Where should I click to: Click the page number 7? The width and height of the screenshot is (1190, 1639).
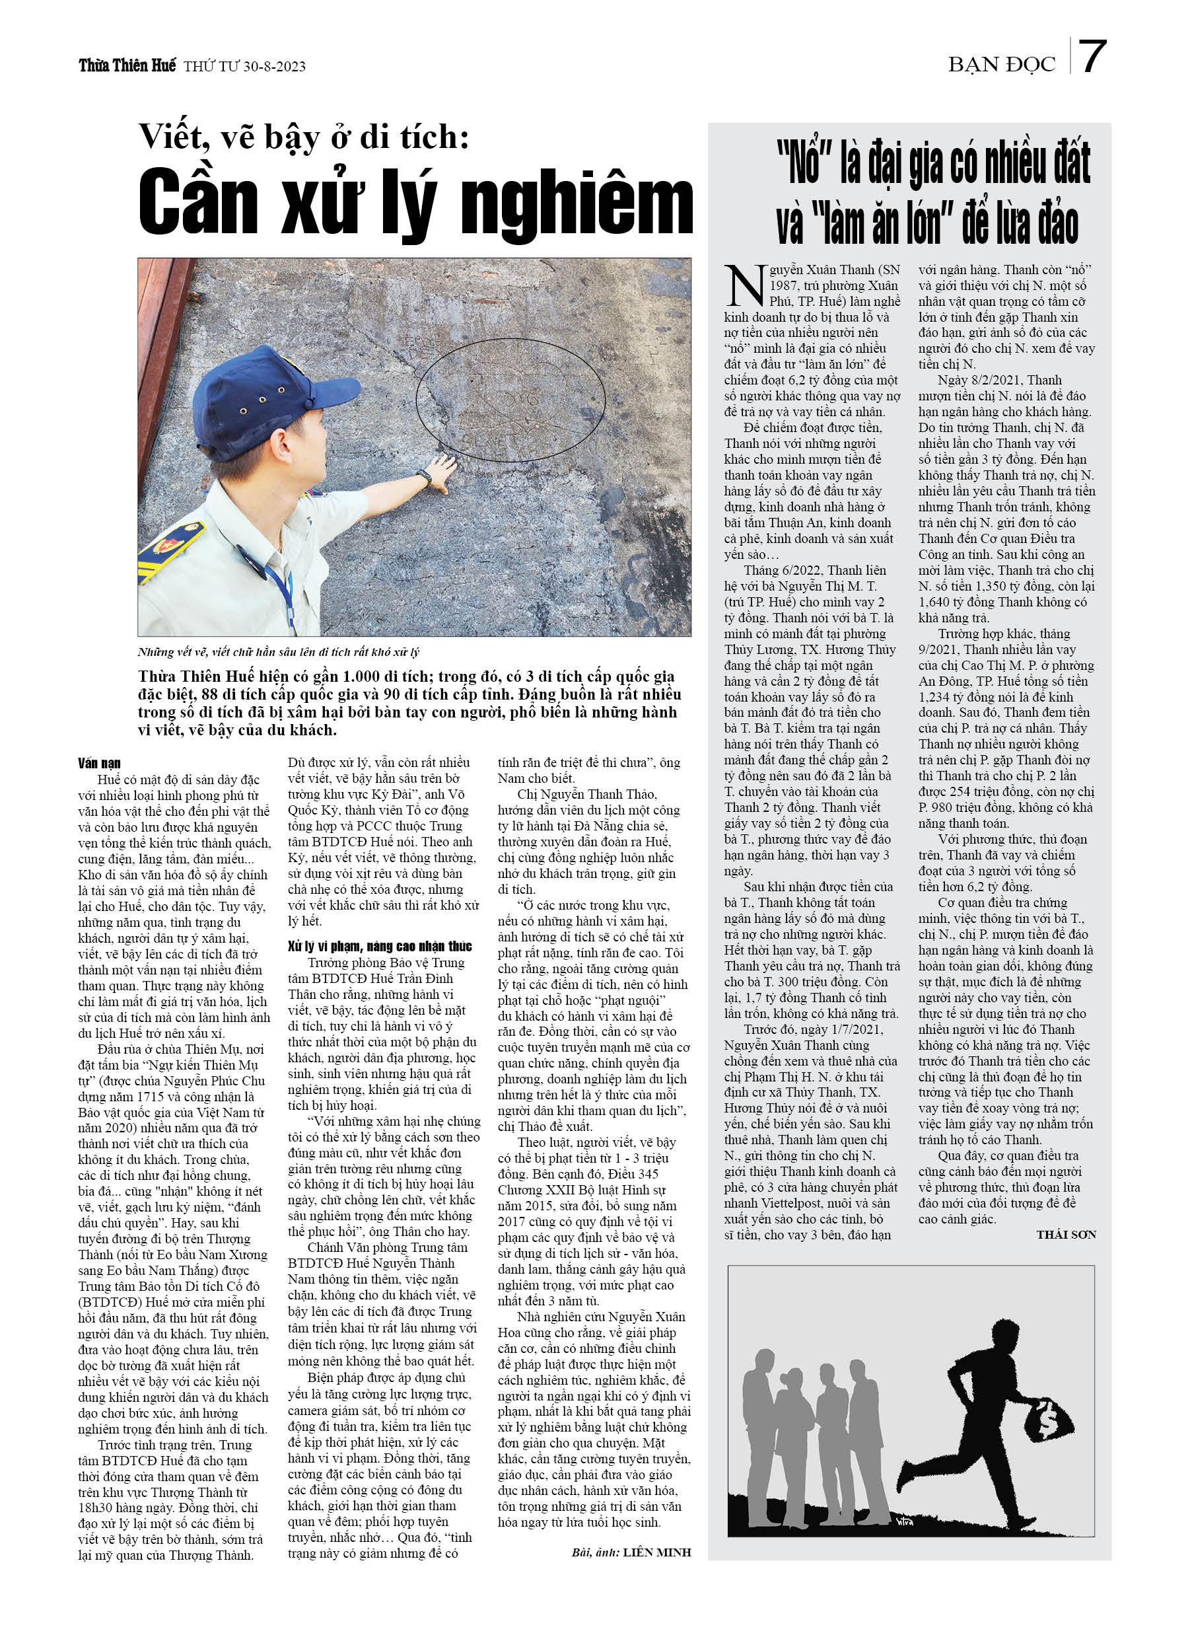pyautogui.click(x=1092, y=57)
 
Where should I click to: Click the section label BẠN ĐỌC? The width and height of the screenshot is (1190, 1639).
pyautogui.click(x=1001, y=65)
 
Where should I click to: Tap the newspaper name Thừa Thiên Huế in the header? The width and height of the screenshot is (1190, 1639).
pyautogui.click(x=127, y=66)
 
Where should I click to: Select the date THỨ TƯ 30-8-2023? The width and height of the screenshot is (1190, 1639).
pyautogui.click(x=244, y=67)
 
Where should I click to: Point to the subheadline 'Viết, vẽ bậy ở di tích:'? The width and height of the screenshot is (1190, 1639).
pyautogui.click(x=304, y=137)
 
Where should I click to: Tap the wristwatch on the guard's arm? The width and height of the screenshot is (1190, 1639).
pyautogui.click(x=423, y=478)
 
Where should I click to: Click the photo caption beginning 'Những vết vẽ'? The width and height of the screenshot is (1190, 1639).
pyautogui.click(x=278, y=652)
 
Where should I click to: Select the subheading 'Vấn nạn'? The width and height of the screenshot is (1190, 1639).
pyautogui.click(x=99, y=764)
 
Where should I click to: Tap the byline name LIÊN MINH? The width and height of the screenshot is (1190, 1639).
pyautogui.click(x=657, y=1552)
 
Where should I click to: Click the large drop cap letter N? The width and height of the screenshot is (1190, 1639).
pyautogui.click(x=744, y=285)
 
